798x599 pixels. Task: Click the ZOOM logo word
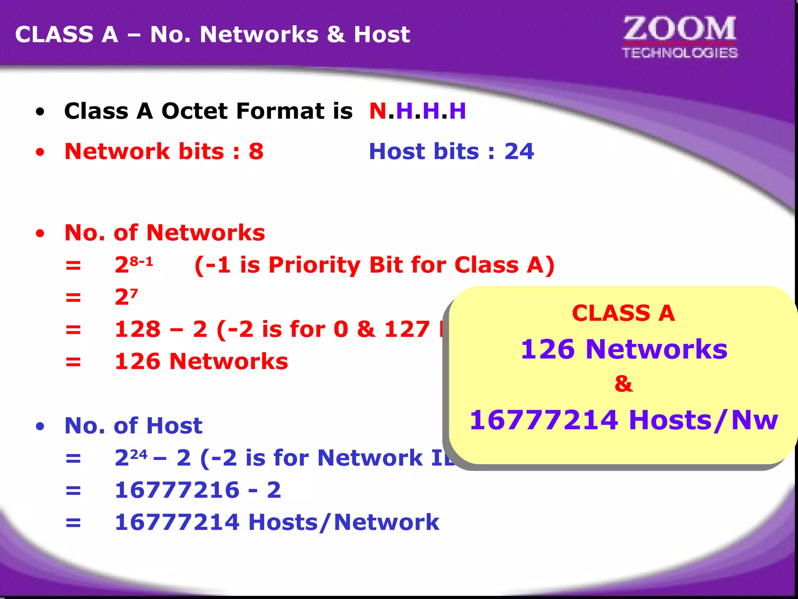(x=680, y=29)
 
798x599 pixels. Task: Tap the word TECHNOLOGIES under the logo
(x=680, y=53)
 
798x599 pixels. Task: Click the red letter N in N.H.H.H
(x=378, y=111)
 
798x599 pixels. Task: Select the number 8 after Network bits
(x=256, y=152)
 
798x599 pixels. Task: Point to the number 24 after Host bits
(x=519, y=152)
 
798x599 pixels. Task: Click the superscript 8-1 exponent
(x=141, y=261)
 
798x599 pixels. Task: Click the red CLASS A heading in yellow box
(x=623, y=313)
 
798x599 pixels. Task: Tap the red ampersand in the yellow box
(x=623, y=384)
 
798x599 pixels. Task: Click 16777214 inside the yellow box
(x=544, y=420)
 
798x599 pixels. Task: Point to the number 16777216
(x=177, y=490)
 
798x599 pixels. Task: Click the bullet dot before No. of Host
(x=40, y=426)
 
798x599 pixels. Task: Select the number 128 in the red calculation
(x=138, y=329)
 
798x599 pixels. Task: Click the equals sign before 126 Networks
(x=73, y=362)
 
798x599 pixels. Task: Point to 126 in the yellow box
(x=547, y=349)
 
